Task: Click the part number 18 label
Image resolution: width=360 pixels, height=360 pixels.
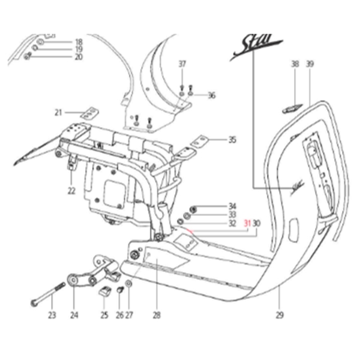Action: point(78,41)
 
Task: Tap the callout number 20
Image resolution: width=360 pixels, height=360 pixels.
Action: point(78,57)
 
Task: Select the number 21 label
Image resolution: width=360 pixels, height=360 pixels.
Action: point(58,112)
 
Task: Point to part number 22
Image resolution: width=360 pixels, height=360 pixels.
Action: point(71,191)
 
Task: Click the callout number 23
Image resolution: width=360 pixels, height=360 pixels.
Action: point(52,314)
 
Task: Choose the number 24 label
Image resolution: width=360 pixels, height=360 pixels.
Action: point(74,314)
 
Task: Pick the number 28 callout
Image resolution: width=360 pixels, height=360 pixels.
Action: point(156,314)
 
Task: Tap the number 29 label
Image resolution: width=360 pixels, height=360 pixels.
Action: point(280,314)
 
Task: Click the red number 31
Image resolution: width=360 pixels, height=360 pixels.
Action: point(247,223)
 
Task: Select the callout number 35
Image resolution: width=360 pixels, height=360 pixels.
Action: point(232,140)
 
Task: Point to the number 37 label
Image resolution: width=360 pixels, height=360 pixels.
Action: point(182,64)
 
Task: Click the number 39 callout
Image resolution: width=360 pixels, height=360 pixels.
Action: point(310,64)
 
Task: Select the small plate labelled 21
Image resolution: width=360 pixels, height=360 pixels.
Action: point(90,112)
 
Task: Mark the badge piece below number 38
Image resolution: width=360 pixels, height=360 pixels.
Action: point(291,109)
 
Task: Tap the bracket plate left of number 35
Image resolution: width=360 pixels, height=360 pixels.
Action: point(197,143)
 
